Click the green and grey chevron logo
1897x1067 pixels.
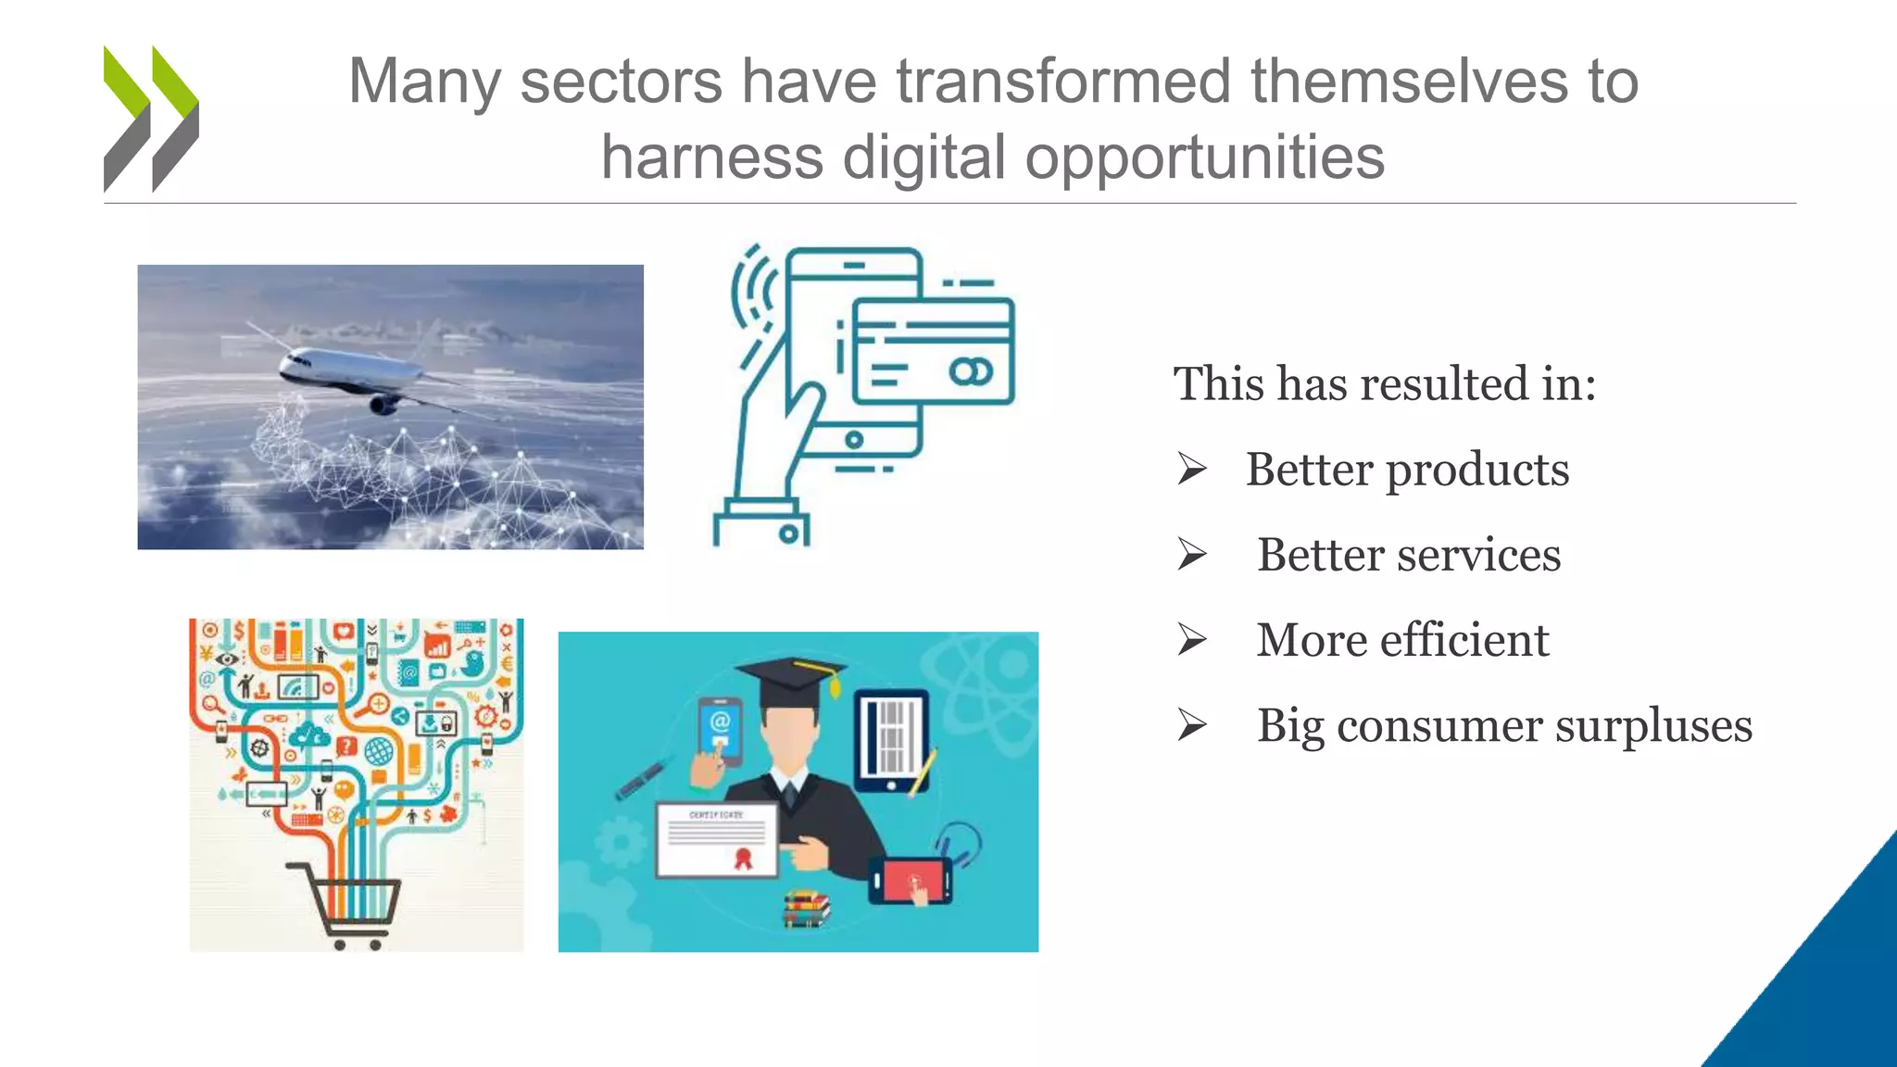pos(151,119)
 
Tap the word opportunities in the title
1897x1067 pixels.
pos(1204,157)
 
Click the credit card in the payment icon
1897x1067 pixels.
pos(933,351)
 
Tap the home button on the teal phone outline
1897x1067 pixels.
pos(854,440)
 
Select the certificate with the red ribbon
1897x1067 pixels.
pos(717,839)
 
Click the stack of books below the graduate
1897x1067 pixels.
pos(805,909)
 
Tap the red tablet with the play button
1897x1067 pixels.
pos(911,880)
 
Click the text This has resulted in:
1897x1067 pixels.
pos(1384,383)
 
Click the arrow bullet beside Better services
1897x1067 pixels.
pos(1192,554)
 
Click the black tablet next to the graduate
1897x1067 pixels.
pos(890,741)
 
